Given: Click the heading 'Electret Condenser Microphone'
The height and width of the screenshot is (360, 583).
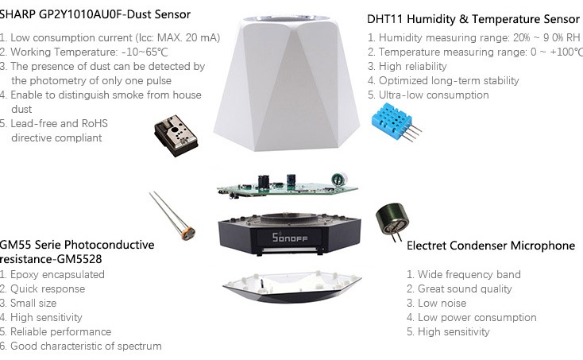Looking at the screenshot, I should point(490,246).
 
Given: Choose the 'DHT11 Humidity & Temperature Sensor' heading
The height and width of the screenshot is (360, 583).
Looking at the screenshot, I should point(473,19).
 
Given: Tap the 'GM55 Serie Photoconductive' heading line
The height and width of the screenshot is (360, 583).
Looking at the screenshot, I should point(76,245).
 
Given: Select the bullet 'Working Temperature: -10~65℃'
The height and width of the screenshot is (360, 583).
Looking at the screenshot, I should point(77,52).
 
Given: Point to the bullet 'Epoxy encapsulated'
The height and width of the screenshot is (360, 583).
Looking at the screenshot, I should point(56,274).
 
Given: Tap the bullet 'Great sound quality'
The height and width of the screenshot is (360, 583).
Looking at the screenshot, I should point(464,288).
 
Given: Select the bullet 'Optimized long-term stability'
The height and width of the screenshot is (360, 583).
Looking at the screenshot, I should point(448,80).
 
